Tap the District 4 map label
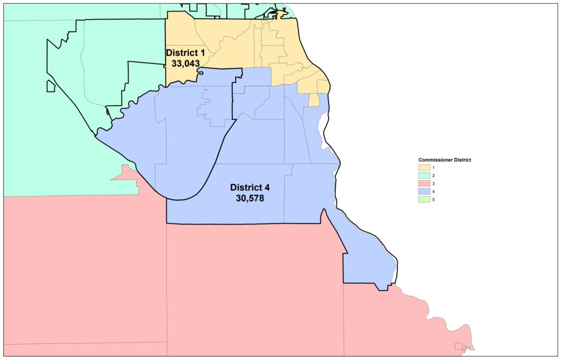[x=250, y=187]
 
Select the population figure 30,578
[x=250, y=198]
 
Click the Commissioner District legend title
[x=445, y=159]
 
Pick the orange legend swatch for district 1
[x=424, y=167]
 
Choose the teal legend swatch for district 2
[x=424, y=175]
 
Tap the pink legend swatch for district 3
[x=424, y=184]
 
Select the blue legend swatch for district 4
[x=424, y=192]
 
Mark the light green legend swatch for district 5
[x=424, y=199]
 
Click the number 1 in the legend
[x=433, y=167]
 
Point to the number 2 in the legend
[x=433, y=175]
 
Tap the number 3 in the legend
[x=433, y=184]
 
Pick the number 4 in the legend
[x=433, y=192]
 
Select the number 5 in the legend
[x=433, y=199]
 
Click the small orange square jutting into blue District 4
[x=314, y=100]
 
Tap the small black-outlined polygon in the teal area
[x=50, y=86]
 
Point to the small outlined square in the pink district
[x=459, y=346]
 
